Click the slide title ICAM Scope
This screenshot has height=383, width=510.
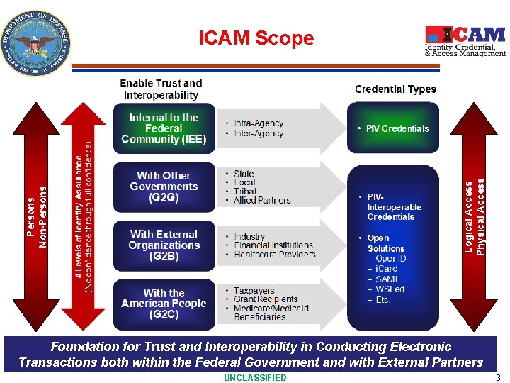(256, 38)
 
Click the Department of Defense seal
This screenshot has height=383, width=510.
(38, 43)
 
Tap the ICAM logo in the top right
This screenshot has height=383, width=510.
(465, 41)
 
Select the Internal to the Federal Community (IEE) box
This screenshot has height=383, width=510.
(164, 128)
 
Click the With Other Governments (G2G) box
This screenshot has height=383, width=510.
(164, 187)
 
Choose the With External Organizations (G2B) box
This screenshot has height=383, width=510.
(164, 245)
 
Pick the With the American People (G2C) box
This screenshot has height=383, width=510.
(164, 304)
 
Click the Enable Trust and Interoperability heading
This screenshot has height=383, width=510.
(161, 89)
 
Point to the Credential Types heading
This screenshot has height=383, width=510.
(395, 89)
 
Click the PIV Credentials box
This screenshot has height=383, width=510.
(393, 128)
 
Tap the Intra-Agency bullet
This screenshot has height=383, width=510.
(259, 123)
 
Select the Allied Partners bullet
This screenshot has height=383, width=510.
(262, 201)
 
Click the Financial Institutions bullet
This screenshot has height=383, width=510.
(273, 245)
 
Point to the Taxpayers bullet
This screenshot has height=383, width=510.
(254, 291)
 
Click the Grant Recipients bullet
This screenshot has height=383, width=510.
(266, 299)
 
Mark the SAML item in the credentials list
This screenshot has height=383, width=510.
(387, 279)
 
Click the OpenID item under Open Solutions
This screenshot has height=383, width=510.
(390, 258)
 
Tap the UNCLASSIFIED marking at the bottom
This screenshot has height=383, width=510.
(255, 377)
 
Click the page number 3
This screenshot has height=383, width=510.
(498, 377)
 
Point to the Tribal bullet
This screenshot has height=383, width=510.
(245, 191)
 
